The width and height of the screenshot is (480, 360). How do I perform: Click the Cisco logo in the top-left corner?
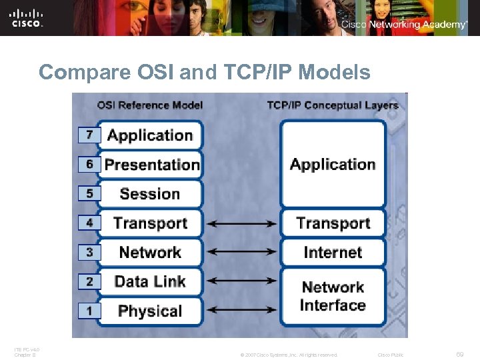[27, 18]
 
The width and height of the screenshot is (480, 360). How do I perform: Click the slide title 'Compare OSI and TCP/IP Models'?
[204, 72]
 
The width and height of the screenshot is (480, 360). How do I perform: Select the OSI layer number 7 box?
[89, 135]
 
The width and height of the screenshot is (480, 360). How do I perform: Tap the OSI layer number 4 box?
[89, 223]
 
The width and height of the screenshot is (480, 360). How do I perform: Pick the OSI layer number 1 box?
[89, 311]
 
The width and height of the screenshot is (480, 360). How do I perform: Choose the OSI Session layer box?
[151, 193]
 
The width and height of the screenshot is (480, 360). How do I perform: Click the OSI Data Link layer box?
[151, 281]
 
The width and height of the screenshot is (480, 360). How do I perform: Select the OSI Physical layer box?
[151, 311]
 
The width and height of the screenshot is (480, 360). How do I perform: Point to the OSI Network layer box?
[151, 252]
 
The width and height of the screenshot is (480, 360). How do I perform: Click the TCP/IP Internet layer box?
[333, 252]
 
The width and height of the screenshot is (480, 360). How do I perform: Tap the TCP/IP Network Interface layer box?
[333, 296]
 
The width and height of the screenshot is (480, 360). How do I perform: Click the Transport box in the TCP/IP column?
[333, 223]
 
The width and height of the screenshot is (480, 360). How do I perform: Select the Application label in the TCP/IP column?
[333, 164]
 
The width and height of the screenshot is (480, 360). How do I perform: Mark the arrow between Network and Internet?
[241, 253]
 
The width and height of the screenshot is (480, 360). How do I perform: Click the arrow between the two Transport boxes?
[241, 223]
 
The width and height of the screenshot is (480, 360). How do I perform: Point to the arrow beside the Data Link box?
[241, 282]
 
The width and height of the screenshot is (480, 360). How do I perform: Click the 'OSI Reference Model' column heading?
[150, 105]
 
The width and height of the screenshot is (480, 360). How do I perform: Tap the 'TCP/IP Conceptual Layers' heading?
[332, 105]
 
